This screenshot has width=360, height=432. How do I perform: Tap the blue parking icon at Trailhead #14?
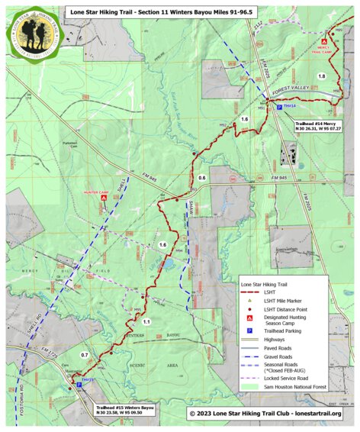(279, 109)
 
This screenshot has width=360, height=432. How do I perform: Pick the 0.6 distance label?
(202, 177)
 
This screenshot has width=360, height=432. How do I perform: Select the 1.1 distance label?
(147, 322)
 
